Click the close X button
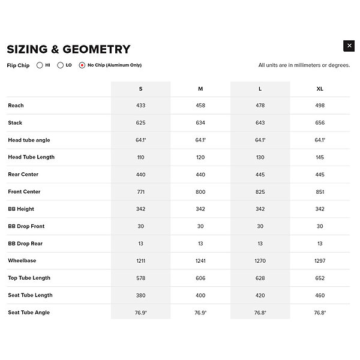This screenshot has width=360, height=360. pos(349,46)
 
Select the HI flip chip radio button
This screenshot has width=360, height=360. pos(40,65)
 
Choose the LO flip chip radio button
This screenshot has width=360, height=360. pos(61,65)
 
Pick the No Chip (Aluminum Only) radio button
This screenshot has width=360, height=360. pos(82,65)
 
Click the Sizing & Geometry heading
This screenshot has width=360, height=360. pos(68,49)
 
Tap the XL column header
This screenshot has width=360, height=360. pos(320,89)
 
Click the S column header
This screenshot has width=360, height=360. pos(140,89)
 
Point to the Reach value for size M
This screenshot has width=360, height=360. pos(200,106)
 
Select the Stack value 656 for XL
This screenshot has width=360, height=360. pos(320,123)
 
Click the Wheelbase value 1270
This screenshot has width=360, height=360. pos(260,261)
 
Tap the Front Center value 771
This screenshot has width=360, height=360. pos(140,192)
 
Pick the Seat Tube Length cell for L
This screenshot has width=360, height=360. pos(260,295)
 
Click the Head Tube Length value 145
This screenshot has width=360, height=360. pos(320,157)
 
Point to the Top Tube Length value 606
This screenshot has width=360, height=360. pos(200,278)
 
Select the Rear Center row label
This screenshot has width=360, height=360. pos(23,175)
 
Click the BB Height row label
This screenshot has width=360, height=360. pos(21,209)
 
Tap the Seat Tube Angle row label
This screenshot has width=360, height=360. pos(29,313)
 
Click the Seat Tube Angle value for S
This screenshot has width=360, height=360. pos(140,313)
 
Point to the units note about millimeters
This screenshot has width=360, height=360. pos(304,65)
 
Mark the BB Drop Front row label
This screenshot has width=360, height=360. pos(26,226)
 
